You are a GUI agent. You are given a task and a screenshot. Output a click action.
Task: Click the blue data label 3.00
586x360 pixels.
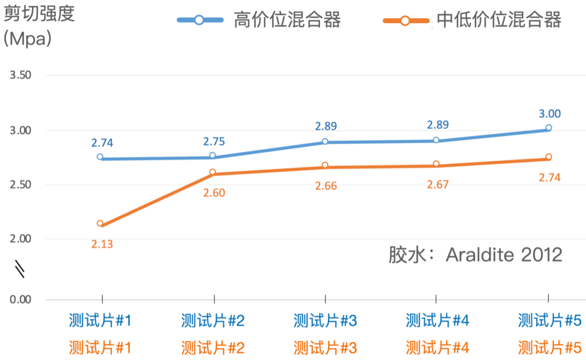click(x=549, y=114)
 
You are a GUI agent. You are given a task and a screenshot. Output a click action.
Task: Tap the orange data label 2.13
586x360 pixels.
click(x=101, y=244)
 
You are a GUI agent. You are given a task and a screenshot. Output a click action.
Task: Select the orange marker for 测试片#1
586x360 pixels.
click(x=100, y=223)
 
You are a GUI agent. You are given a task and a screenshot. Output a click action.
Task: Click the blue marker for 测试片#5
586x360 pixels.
click(x=549, y=128)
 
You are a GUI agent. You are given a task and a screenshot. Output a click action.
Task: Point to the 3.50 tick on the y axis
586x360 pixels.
click(x=21, y=75)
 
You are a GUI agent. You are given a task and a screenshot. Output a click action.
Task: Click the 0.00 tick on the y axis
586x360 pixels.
click(x=21, y=300)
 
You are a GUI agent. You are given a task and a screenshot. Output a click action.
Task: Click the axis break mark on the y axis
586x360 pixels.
click(x=20, y=269)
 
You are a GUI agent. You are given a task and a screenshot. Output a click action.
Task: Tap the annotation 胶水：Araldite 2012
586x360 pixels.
click(x=475, y=254)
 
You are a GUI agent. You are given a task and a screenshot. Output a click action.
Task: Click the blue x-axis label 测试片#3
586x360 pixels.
click(x=325, y=321)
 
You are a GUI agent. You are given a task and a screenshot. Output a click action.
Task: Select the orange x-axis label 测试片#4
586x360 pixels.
click(x=437, y=347)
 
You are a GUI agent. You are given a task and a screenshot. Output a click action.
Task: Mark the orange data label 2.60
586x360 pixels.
click(x=214, y=192)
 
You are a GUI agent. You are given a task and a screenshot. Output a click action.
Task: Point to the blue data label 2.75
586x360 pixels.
click(x=214, y=142)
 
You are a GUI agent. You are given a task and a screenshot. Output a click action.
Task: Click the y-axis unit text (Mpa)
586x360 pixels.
click(x=27, y=40)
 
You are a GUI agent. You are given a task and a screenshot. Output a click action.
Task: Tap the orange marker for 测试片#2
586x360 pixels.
click(x=213, y=172)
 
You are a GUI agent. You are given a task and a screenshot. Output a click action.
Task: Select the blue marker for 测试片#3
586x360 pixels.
click(x=325, y=142)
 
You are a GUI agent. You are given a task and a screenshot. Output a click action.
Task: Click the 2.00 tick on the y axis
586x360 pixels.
click(x=21, y=239)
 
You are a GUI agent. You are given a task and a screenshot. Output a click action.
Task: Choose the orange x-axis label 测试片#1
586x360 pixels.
click(x=100, y=347)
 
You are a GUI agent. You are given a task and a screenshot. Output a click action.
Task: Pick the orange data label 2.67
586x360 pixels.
click(x=437, y=184)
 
